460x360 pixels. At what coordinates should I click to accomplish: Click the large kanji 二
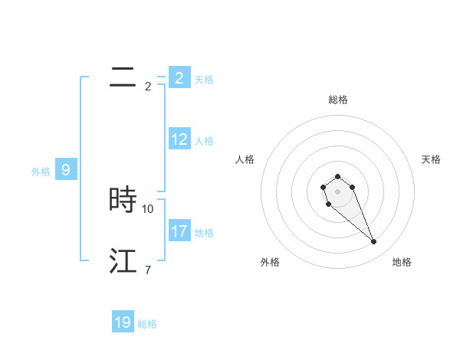point(123,77)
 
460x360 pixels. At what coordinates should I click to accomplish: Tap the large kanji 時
point(123,200)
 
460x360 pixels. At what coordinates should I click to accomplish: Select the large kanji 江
point(123,261)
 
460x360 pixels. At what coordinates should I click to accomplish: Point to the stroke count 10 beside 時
point(148,208)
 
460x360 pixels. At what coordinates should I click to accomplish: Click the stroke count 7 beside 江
point(147,270)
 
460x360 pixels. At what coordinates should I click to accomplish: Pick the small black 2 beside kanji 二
point(147,86)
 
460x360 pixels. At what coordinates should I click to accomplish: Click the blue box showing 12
point(179,139)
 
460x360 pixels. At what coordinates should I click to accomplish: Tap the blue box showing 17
point(179,231)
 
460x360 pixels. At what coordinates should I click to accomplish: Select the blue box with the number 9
point(66,170)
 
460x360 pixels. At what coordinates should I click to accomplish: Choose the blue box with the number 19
point(123,322)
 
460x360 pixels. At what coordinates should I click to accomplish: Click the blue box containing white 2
point(179,78)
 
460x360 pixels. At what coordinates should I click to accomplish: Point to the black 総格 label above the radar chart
point(338,100)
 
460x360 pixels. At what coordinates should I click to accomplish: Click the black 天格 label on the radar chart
point(432,159)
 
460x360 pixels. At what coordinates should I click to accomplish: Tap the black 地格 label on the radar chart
point(402,262)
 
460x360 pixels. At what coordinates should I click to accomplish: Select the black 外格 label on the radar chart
point(270,262)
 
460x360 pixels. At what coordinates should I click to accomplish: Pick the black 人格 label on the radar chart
point(245,159)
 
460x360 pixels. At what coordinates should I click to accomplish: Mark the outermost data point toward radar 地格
point(374,242)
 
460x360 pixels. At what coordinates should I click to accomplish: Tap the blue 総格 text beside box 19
point(147,324)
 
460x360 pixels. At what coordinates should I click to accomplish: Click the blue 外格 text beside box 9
point(41,172)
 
